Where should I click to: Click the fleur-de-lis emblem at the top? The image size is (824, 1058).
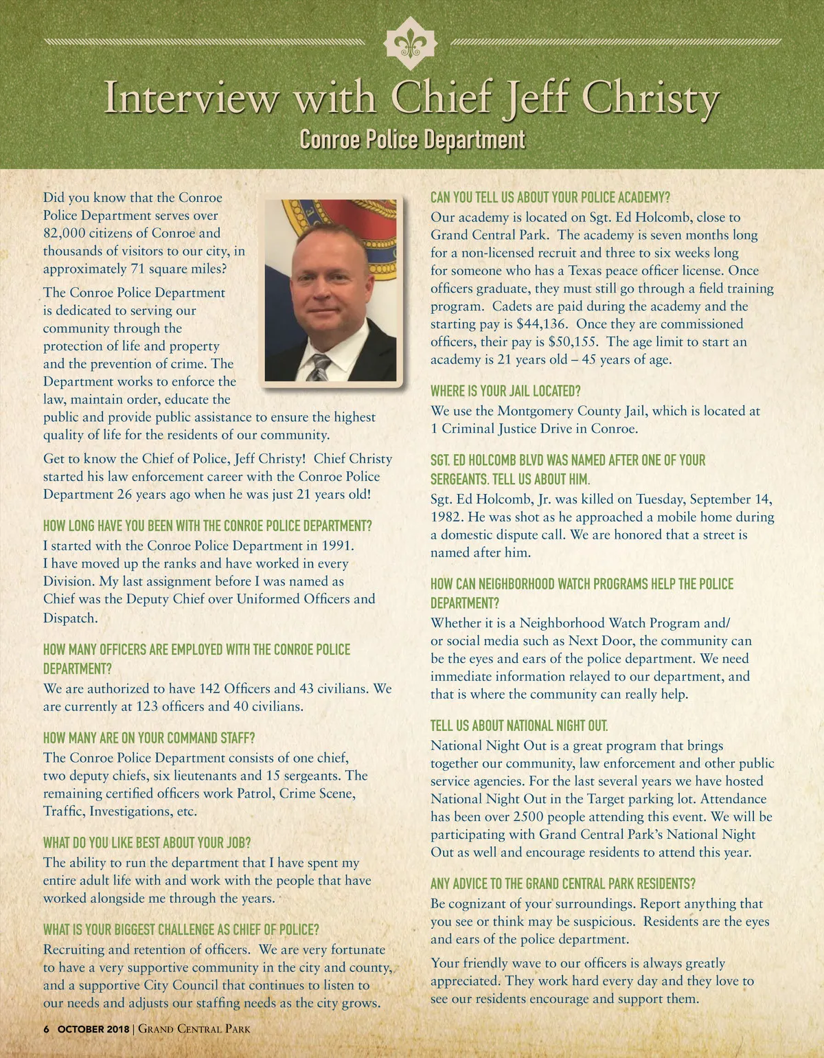point(411,44)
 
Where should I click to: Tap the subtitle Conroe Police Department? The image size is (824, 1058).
point(412,139)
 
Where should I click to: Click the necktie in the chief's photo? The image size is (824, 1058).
point(319,368)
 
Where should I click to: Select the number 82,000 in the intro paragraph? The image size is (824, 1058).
point(65,234)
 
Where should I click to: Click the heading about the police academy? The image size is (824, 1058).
point(550,198)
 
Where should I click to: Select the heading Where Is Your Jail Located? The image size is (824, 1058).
point(505,392)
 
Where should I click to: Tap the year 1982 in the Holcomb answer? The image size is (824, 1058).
point(448,517)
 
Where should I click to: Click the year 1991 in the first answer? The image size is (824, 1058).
point(336,546)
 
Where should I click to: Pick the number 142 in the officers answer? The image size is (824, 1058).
point(209,689)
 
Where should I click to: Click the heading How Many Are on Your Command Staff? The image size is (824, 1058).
point(149,739)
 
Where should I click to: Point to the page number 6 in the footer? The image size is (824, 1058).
point(47,1029)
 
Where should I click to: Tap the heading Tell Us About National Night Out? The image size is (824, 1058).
point(518,726)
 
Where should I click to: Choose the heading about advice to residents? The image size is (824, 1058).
point(562,884)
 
